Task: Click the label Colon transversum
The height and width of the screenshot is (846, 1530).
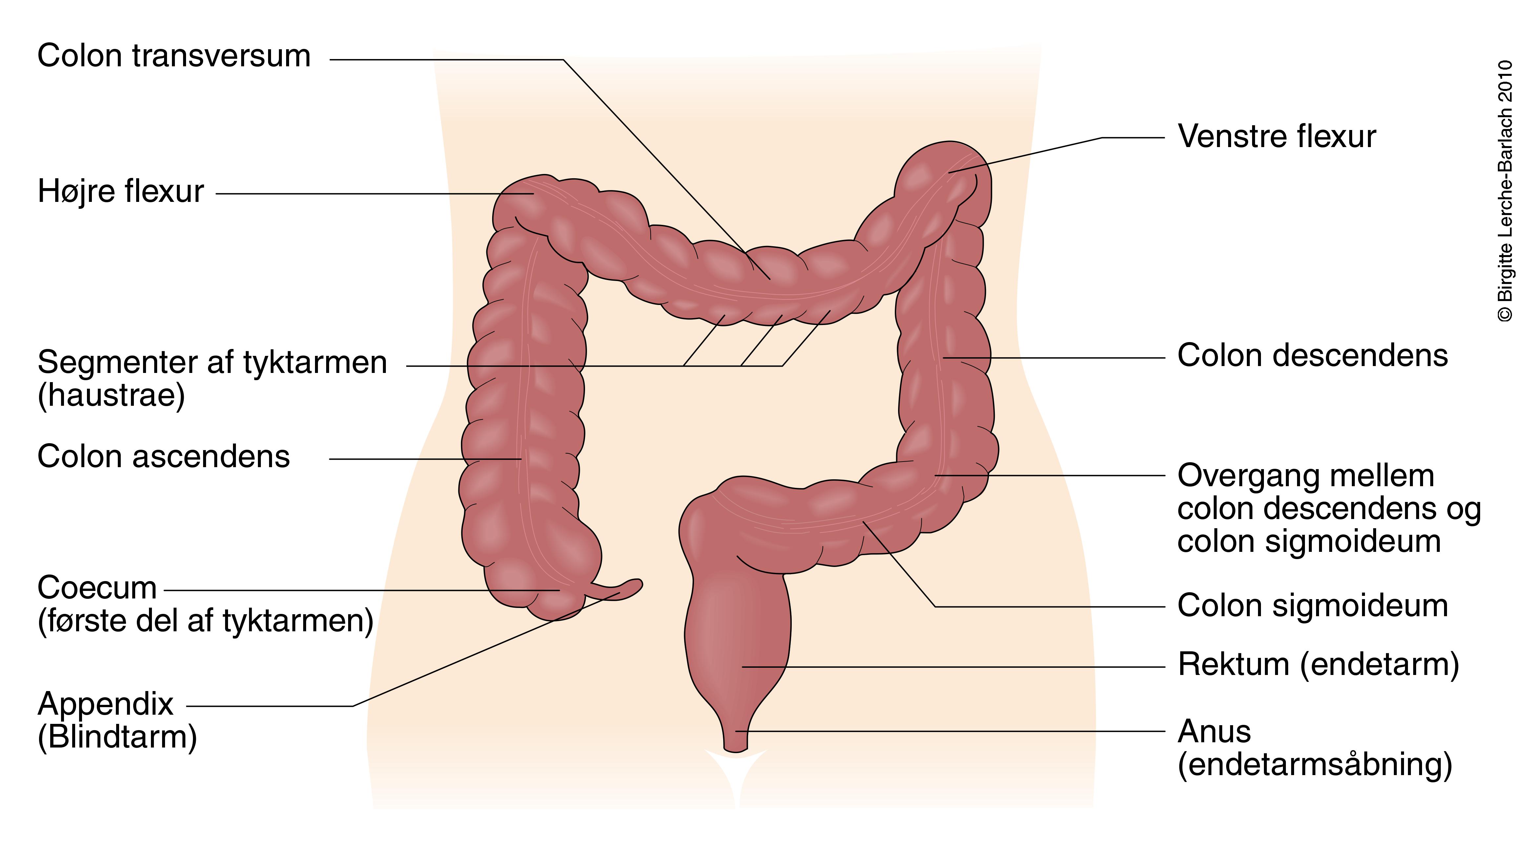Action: point(174,56)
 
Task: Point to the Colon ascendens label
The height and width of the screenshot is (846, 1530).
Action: point(163,457)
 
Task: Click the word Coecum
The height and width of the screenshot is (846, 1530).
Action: point(97,588)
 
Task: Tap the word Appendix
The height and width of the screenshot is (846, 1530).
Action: point(105,704)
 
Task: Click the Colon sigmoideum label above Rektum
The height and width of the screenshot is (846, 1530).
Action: point(1312,606)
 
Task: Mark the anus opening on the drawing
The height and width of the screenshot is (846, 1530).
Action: point(735,746)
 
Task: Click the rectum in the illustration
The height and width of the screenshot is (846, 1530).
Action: point(740,641)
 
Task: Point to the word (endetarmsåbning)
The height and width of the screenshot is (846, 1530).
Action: point(1314,765)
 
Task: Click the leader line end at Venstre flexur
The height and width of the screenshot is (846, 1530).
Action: point(950,172)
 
